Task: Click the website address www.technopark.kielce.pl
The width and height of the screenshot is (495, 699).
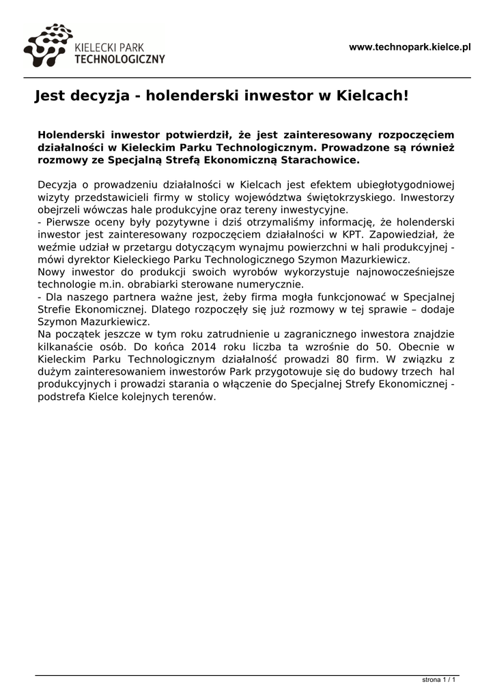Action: pos(410,47)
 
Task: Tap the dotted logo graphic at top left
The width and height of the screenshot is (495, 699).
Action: pos(46,45)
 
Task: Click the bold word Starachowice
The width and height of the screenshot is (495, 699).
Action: pos(324,160)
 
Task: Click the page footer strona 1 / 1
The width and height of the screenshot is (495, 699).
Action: pos(438,681)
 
